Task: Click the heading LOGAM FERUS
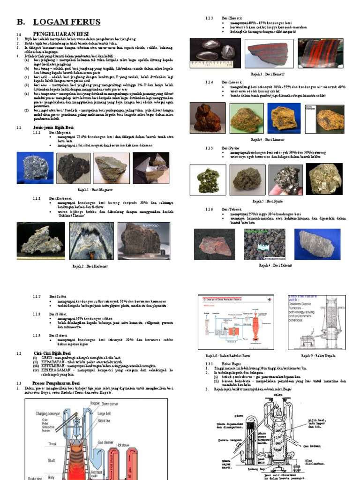67,22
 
